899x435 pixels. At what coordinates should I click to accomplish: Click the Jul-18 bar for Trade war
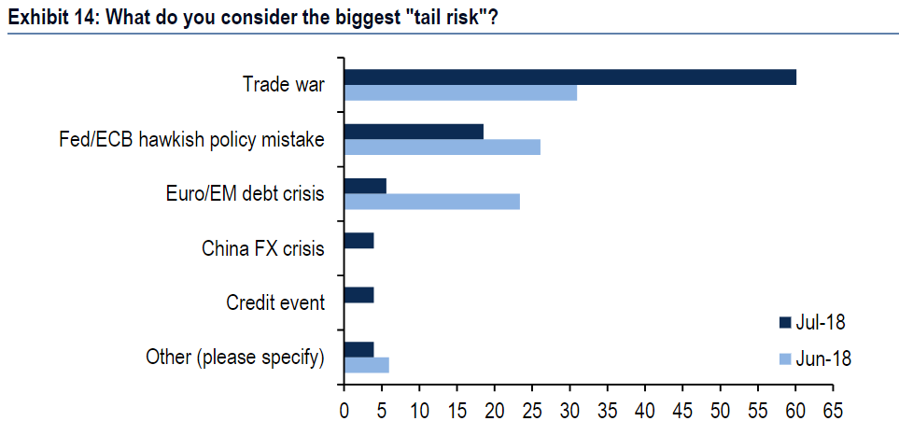(569, 77)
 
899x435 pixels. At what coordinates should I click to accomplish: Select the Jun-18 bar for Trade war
(460, 92)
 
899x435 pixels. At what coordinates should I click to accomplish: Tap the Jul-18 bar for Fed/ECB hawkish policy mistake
(414, 132)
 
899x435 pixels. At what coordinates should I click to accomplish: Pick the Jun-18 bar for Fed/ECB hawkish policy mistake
(442, 147)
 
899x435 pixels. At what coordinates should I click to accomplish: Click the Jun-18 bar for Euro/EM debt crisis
(431, 202)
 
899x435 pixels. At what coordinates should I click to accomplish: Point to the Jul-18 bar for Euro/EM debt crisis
(365, 186)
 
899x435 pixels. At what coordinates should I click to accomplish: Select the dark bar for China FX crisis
(358, 241)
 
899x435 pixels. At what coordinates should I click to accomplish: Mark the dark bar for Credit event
(358, 295)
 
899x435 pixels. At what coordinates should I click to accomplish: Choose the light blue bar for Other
(366, 365)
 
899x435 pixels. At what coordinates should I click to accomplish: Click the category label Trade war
(283, 85)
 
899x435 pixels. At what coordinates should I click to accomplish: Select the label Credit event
(275, 303)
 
